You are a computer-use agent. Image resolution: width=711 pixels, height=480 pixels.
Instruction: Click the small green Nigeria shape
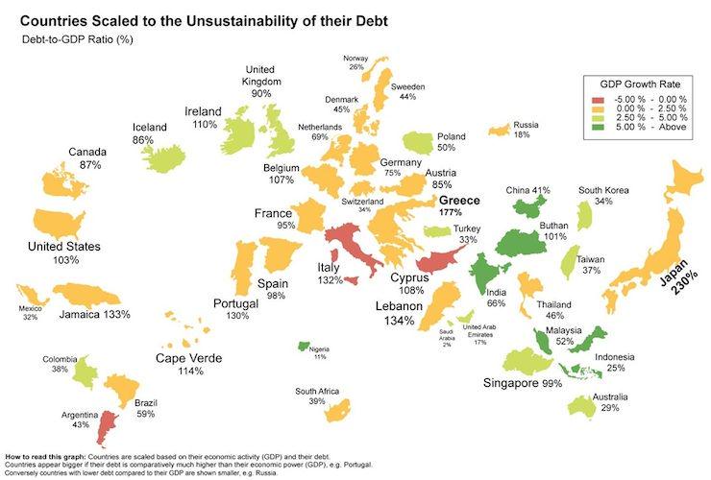point(304,345)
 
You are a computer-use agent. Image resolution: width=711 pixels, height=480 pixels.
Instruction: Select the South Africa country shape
point(335,412)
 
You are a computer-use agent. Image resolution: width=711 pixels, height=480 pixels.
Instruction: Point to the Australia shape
point(581,406)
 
